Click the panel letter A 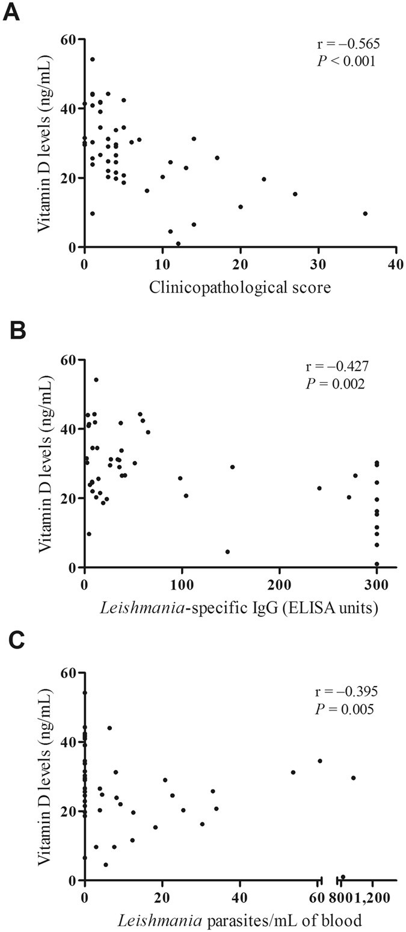(x=12, y=12)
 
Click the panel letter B (x=12, y=330)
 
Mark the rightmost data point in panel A (x=365, y=214)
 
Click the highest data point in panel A (x=92, y=59)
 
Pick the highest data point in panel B (x=96, y=380)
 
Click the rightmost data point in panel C (x=353, y=778)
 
